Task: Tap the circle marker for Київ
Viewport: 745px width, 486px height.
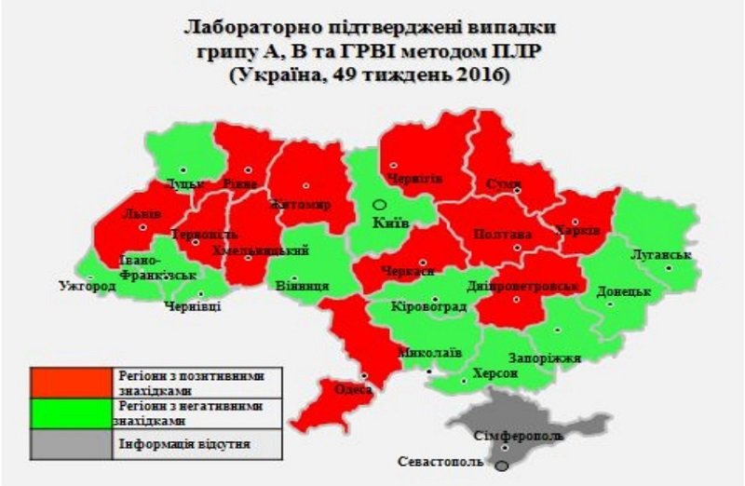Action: tap(379, 205)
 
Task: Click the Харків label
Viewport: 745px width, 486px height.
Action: tap(571, 230)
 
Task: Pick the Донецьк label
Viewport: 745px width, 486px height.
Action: tap(622, 291)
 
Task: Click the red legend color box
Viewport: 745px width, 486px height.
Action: tap(72, 381)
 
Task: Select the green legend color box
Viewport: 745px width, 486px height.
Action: tap(72, 412)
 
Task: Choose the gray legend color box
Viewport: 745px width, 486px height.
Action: tap(72, 443)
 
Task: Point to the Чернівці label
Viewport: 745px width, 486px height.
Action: tap(193, 306)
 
